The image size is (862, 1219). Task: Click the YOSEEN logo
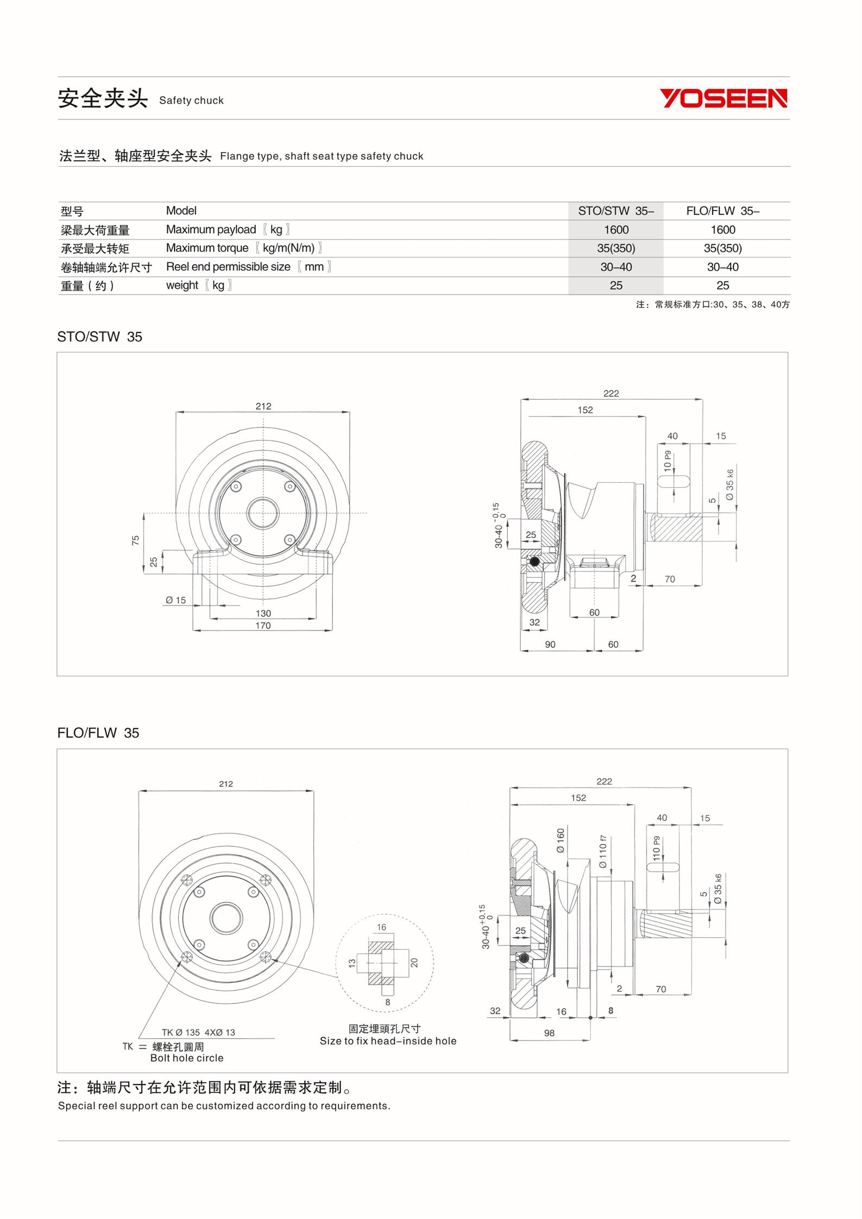723,98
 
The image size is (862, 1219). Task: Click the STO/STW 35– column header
616,211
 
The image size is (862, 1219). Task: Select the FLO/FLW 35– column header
722,211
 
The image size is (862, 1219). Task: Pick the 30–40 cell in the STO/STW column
616,267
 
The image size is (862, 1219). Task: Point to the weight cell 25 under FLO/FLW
722,286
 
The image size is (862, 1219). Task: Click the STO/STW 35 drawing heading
99,337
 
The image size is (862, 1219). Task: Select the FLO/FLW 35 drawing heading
98,733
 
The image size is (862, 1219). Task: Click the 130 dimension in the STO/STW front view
263,613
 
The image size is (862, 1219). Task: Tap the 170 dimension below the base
263,626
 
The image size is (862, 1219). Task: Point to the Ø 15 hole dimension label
176,600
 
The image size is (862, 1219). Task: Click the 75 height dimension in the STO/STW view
136,540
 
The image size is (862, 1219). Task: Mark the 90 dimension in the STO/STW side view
550,645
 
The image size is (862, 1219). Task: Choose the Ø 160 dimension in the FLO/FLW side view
561,841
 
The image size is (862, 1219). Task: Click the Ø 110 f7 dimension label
603,851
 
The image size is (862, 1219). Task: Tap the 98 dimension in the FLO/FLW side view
549,1033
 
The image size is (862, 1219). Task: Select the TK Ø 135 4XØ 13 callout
198,1032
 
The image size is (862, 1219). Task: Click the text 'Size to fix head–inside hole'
388,1041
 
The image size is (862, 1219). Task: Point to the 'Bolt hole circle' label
187,1058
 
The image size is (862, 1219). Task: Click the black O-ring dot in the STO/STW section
534,561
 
